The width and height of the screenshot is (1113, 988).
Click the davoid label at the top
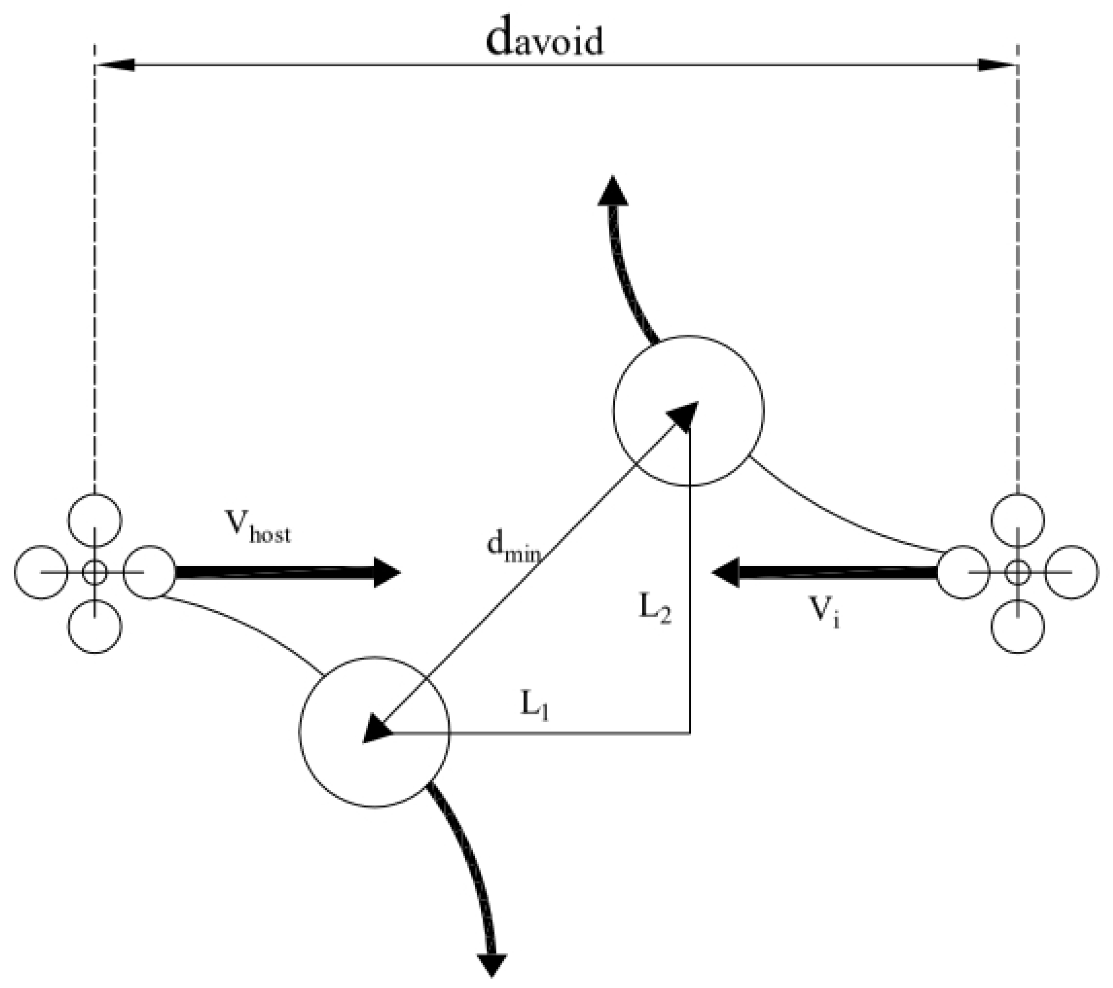point(544,40)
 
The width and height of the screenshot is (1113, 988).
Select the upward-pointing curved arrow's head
point(613,192)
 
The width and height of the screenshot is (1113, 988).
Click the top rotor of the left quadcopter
point(95,520)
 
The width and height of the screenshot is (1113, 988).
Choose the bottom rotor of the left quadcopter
point(95,626)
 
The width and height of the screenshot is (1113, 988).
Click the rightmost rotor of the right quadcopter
point(1072,572)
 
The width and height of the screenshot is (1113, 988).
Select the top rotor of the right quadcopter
point(1018,520)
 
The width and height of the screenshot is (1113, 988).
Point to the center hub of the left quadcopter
point(95,572)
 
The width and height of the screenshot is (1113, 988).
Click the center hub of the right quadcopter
point(1018,572)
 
